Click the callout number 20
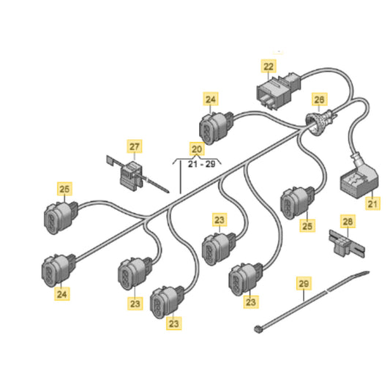pyautogui.click(x=197, y=149)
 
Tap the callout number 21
pyautogui.click(x=372, y=203)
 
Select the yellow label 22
pyautogui.click(x=269, y=66)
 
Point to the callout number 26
pyautogui.click(x=319, y=100)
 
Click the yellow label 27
pyautogui.click(x=135, y=146)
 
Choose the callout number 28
pyautogui.click(x=348, y=221)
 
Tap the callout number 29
pyautogui.click(x=304, y=283)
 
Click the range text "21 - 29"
pyautogui.click(x=201, y=165)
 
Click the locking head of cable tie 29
pyautogui.click(x=258, y=329)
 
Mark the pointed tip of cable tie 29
pyautogui.click(x=369, y=272)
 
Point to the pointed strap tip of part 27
pyautogui.click(x=168, y=192)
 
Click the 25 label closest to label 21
pyautogui.click(x=307, y=225)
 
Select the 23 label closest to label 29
pyautogui.click(x=251, y=301)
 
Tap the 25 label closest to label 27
pyautogui.click(x=64, y=189)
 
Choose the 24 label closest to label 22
pyautogui.click(x=211, y=99)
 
